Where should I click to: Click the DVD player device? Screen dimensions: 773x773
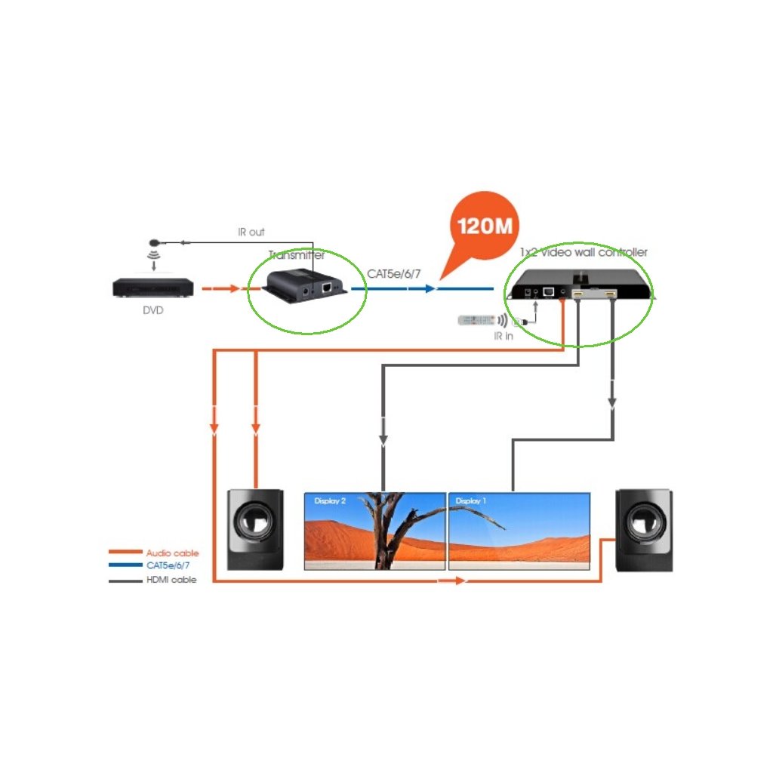point(154,288)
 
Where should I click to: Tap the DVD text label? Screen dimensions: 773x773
point(153,310)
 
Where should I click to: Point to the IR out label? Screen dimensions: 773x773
point(251,232)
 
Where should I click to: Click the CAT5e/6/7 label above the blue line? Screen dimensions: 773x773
point(394,273)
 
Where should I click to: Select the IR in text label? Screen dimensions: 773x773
point(504,336)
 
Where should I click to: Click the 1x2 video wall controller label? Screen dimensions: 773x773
point(584,252)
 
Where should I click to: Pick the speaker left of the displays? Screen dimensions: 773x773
point(256,529)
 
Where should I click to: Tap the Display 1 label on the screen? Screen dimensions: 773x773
point(471,501)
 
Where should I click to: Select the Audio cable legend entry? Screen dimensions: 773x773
point(172,553)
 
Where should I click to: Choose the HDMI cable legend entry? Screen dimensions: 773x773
point(171,580)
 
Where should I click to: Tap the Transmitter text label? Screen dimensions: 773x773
point(297,256)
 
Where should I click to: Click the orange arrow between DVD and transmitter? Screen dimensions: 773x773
point(221,288)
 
